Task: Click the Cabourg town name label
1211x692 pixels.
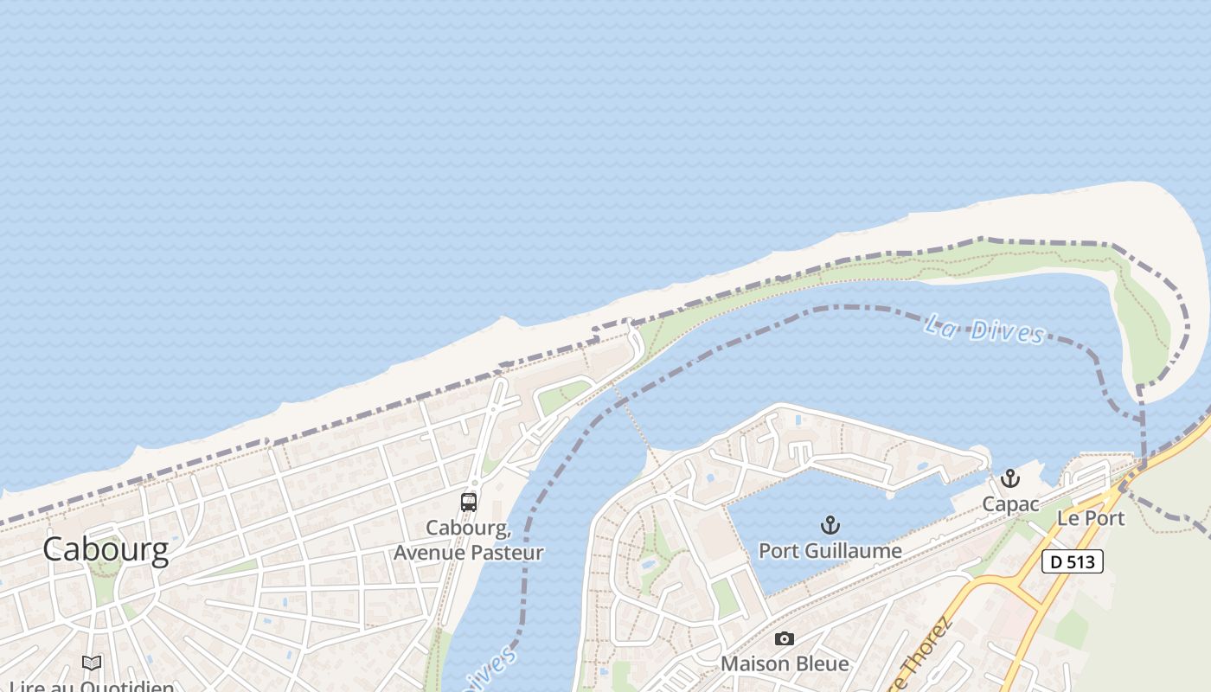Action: click(x=106, y=549)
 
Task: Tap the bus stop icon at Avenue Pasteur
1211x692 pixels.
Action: click(x=469, y=502)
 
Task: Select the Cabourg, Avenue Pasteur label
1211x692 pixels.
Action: click(x=469, y=540)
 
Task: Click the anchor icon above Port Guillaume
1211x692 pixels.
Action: click(x=830, y=525)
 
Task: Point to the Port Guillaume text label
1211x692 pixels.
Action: click(x=830, y=550)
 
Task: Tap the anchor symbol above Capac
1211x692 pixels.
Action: click(x=1010, y=478)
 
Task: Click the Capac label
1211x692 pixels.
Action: click(x=1010, y=503)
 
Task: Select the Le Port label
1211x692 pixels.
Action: click(x=1091, y=518)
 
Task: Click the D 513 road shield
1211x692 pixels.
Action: click(x=1072, y=561)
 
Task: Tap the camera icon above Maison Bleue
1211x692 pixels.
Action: click(x=785, y=639)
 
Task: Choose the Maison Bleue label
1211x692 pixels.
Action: click(x=785, y=663)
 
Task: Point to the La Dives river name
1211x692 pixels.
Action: click(x=984, y=329)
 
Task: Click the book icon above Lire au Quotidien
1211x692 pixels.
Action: click(x=92, y=663)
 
